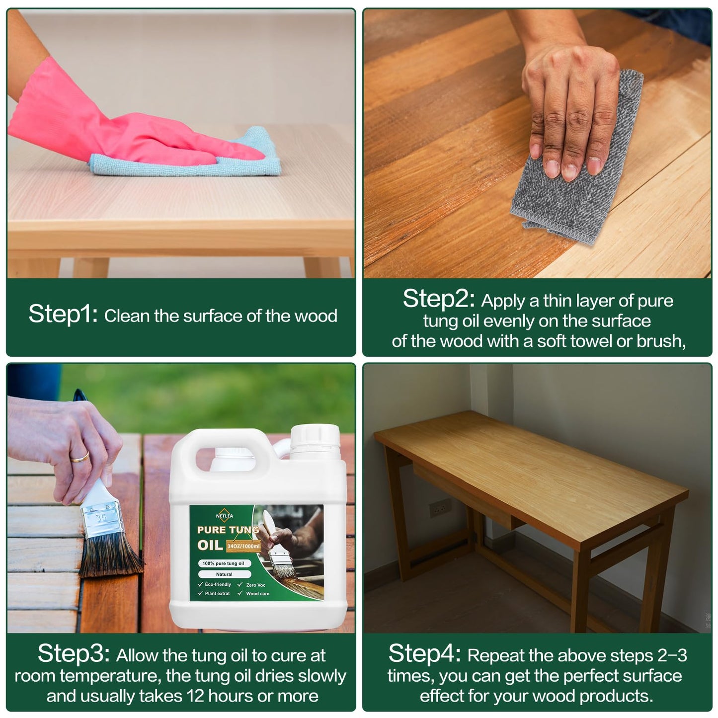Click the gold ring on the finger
80,457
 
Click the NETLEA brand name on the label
225,516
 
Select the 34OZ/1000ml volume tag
243,546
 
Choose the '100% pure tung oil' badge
224,563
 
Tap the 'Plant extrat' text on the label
217,593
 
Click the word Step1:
63,314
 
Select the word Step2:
439,299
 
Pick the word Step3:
74,654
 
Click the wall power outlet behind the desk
438,509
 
